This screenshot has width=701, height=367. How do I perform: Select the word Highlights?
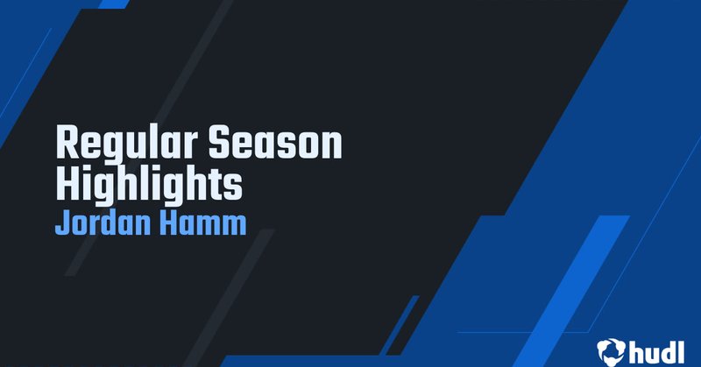(149, 184)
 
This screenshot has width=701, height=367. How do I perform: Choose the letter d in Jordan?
(113, 222)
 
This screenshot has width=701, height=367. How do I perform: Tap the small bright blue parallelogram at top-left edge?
(114, 4)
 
